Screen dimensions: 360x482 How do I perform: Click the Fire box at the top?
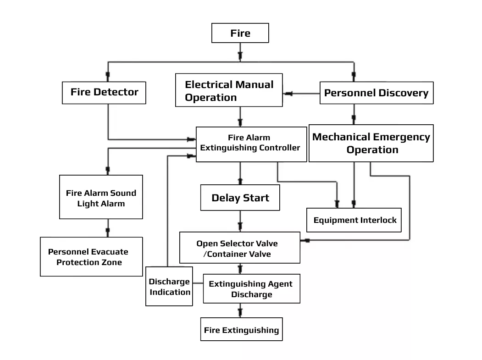pyautogui.click(x=240, y=33)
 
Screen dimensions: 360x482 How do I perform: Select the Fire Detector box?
pyautogui.click(x=104, y=92)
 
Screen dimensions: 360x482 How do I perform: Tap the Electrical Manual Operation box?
pyautogui.click(x=229, y=90)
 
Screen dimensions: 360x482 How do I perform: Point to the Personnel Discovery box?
pyautogui.click(x=376, y=93)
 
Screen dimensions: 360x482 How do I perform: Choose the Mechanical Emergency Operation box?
pyautogui.click(x=371, y=143)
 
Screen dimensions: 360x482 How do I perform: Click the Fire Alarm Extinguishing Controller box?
pyautogui.click(x=251, y=143)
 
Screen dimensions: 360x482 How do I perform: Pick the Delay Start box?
pyautogui.click(x=240, y=198)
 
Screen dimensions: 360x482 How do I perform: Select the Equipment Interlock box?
pyautogui.click(x=355, y=220)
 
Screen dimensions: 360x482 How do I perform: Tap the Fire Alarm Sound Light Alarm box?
pyautogui.click(x=101, y=198)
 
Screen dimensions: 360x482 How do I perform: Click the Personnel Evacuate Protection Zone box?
pyautogui.click(x=91, y=257)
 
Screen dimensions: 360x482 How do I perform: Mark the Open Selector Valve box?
pyautogui.click(x=239, y=248)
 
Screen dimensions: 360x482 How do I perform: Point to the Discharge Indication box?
pyautogui.click(x=169, y=287)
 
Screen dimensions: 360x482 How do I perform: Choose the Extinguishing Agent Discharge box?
pyautogui.click(x=251, y=289)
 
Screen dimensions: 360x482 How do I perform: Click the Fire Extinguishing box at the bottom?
pyautogui.click(x=241, y=330)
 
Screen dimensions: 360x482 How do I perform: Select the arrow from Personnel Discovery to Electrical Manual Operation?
pyautogui.click(x=289, y=94)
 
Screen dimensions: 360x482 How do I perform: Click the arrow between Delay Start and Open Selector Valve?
pyautogui.click(x=240, y=225)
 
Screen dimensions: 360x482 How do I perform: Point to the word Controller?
pyautogui.click(x=278, y=148)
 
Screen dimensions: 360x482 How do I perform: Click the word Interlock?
pyautogui.click(x=379, y=220)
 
